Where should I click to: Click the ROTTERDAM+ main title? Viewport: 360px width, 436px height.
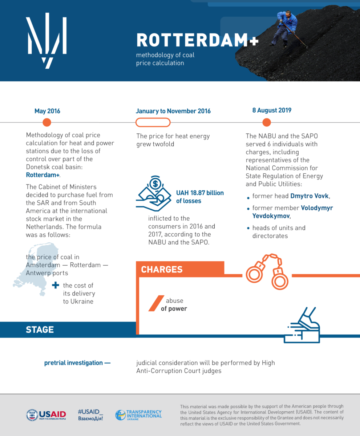coord(197,41)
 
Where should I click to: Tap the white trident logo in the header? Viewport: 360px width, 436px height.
coord(46,40)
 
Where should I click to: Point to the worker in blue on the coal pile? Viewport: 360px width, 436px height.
coord(286,27)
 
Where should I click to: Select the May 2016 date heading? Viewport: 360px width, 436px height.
coord(47,111)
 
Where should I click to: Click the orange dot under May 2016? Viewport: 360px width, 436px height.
coord(47,122)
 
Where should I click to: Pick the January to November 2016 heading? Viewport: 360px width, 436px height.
coord(173,111)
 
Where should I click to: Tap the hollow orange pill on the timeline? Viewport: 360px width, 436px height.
coord(153,122)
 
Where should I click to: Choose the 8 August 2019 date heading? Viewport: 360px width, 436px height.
coord(272,110)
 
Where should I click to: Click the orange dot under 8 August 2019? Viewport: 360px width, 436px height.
coord(267,122)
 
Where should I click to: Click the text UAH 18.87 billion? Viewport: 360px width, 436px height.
coord(200,193)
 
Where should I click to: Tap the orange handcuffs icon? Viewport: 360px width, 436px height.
coord(267,271)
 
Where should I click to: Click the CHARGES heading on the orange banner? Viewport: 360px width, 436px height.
coord(162,270)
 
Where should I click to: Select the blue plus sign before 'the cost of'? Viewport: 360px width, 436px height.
coord(55,286)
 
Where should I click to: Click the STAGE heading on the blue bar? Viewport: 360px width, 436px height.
coord(40,330)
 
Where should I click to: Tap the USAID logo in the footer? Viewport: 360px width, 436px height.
coord(46,415)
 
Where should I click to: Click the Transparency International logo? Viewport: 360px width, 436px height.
coord(138,415)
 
